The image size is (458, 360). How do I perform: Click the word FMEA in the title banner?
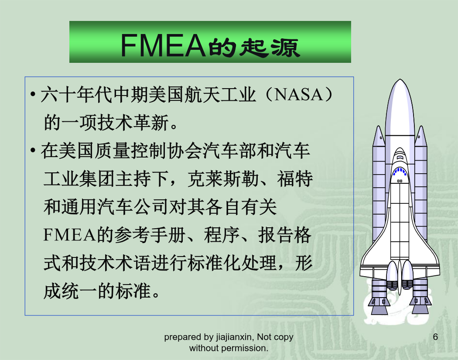163,45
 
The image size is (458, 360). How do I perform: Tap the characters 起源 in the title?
270,47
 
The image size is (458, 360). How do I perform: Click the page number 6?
435,337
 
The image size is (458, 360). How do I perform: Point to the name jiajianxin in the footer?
233,337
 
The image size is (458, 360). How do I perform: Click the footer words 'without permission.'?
229,348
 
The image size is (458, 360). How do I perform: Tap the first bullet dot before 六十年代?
33,94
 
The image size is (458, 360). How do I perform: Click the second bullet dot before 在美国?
33,151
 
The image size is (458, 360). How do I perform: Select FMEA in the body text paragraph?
69,235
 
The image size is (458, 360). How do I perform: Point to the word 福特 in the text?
295,178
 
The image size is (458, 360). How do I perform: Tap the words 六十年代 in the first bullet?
76,95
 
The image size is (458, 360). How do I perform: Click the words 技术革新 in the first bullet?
133,123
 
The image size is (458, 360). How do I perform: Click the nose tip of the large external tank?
400,79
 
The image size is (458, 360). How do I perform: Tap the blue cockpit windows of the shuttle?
400,171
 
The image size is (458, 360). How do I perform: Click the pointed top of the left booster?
379,127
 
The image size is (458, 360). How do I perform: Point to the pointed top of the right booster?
421,127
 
